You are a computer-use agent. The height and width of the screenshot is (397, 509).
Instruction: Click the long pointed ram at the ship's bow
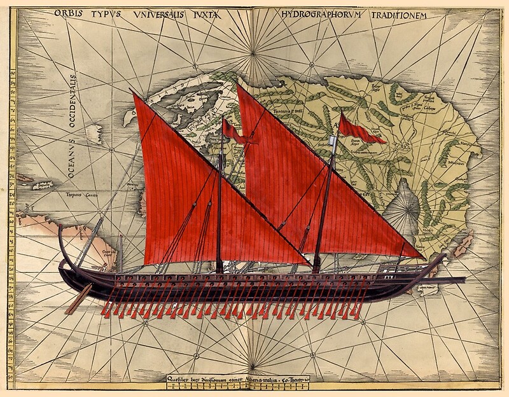point(445,279)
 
